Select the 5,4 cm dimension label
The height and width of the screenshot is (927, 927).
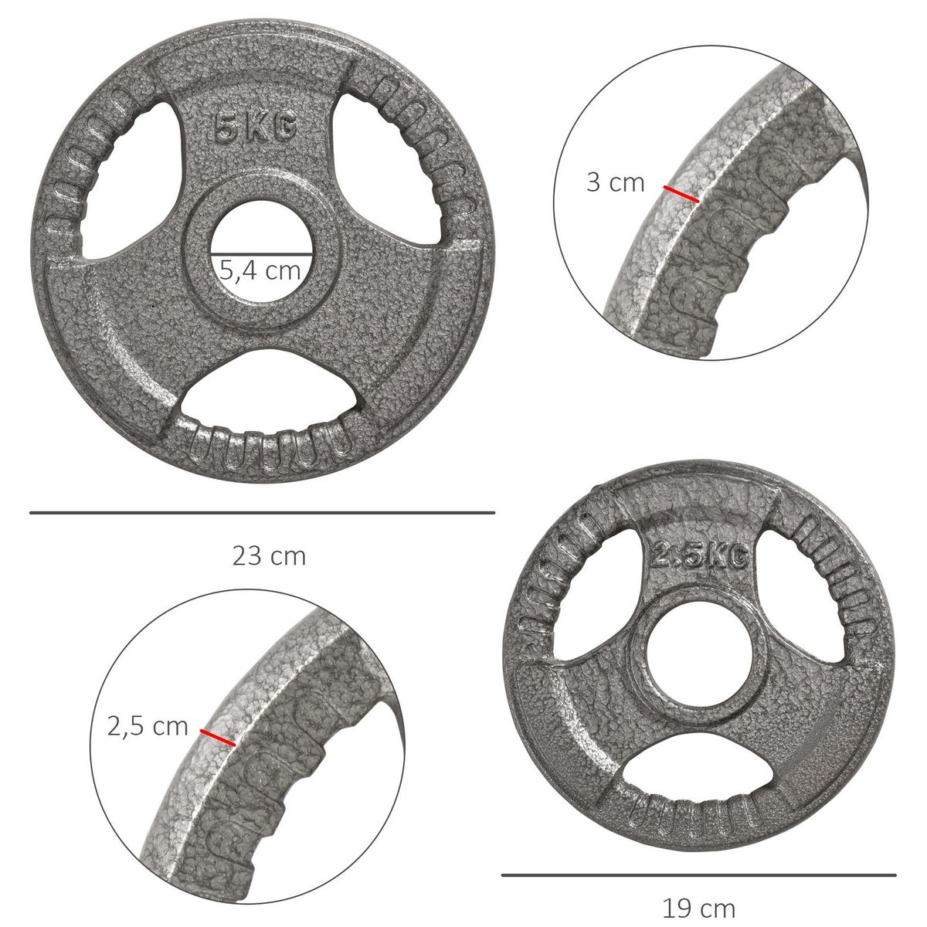pos(260,270)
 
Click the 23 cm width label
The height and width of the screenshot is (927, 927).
pos(269,556)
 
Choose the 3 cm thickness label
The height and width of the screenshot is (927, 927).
pos(616,182)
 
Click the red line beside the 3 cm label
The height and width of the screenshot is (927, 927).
pos(681,194)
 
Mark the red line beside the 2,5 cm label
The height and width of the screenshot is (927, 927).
pos(218,738)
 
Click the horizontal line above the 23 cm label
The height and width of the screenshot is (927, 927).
pos(262,512)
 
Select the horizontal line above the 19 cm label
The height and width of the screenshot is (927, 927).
pos(698,875)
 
